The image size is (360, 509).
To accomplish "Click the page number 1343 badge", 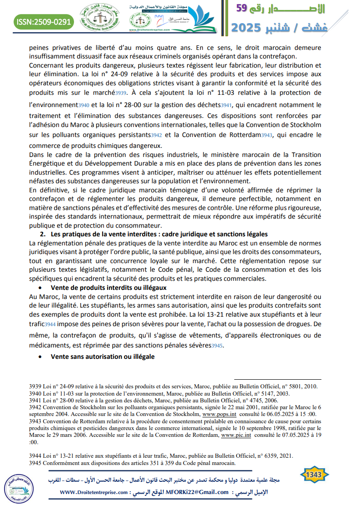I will tap(314, 475).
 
